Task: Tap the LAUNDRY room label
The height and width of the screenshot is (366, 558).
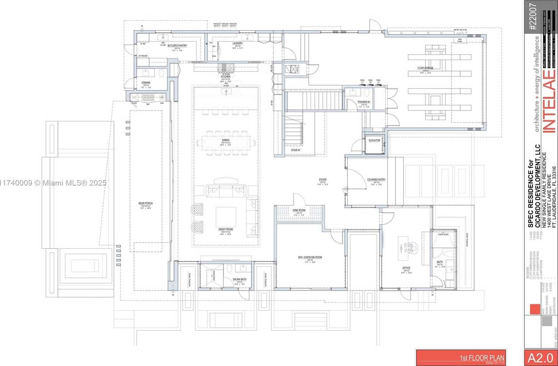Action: click(x=237, y=44)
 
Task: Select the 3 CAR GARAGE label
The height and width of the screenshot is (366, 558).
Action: click(x=425, y=68)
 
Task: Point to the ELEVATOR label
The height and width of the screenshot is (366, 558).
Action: click(x=374, y=140)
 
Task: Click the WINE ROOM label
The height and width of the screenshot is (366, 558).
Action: click(x=299, y=210)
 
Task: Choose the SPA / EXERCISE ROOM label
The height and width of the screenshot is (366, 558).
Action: click(x=309, y=257)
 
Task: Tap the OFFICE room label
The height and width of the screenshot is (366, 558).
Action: click(x=406, y=268)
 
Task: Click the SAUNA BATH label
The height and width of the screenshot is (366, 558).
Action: click(x=240, y=279)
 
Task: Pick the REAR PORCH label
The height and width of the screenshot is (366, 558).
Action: click(x=146, y=204)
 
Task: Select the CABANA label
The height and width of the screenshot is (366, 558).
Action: click(x=146, y=83)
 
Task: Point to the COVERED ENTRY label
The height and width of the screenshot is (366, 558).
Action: click(x=376, y=179)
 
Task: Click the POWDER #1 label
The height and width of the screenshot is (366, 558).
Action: click(x=364, y=102)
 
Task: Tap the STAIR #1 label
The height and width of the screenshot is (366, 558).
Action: click(x=295, y=150)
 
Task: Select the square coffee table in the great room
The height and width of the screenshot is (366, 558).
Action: click(x=226, y=217)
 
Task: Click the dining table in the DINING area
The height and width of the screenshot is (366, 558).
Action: click(x=226, y=143)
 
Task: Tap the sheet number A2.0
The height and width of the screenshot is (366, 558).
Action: click(x=540, y=358)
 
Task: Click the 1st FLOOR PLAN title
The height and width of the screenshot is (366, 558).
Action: click(x=482, y=358)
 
